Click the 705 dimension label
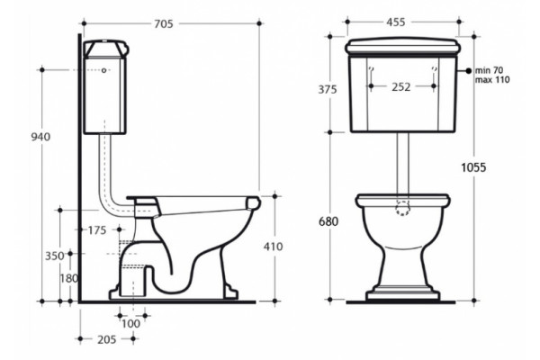[x=164, y=23]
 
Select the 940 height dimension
[x=40, y=137]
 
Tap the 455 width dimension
[x=396, y=22]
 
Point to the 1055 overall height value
[x=473, y=167]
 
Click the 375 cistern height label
[x=328, y=90]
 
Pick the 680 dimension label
[x=328, y=221]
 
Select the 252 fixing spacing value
[x=401, y=86]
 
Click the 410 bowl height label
[x=273, y=247]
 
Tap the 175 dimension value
[x=97, y=230]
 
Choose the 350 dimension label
[x=55, y=256]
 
